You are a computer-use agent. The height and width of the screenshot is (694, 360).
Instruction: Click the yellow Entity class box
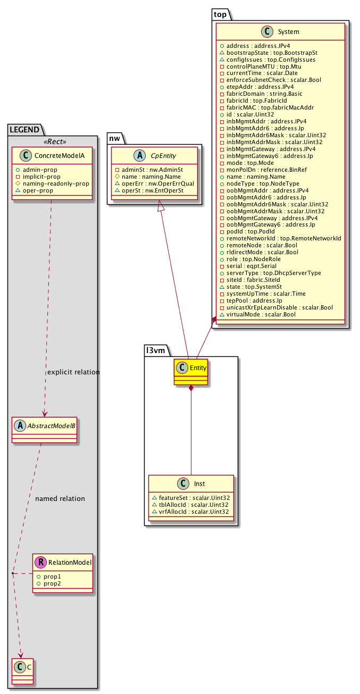(x=190, y=372)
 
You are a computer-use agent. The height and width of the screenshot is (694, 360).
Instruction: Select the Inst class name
(x=200, y=483)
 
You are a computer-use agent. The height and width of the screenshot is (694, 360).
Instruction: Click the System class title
(x=288, y=32)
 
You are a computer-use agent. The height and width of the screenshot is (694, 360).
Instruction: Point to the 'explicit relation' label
(x=73, y=372)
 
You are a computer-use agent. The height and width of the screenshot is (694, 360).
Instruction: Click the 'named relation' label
(x=60, y=499)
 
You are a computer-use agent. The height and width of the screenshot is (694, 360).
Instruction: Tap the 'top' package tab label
(x=220, y=14)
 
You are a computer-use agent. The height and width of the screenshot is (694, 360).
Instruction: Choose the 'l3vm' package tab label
(x=157, y=349)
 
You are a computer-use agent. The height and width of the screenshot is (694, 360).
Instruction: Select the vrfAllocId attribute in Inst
(x=194, y=512)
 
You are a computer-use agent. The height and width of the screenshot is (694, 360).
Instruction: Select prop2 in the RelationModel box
(x=49, y=584)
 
